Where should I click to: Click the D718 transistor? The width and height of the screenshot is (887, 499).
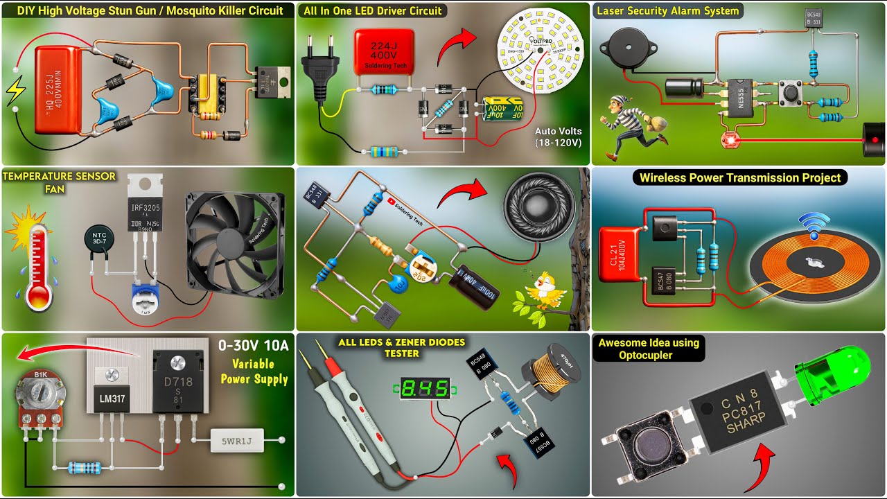click(177, 384)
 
